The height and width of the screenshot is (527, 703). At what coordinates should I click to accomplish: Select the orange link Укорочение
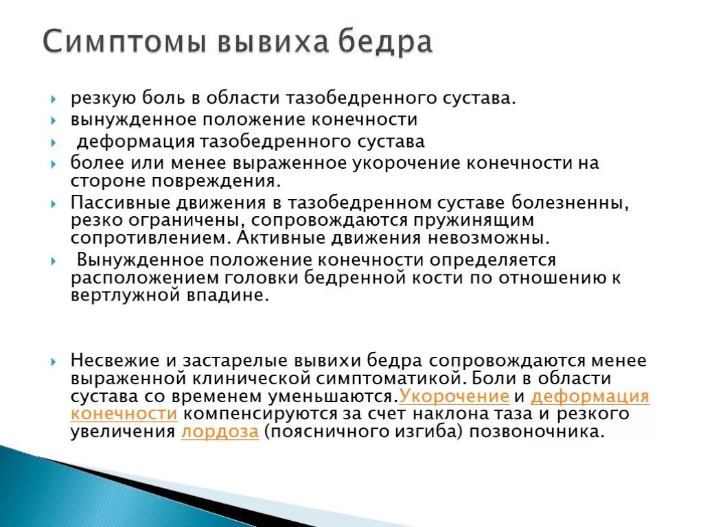point(454,396)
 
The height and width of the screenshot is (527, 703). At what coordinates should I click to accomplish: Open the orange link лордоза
point(220,432)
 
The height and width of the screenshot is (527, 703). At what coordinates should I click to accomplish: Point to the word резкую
point(98,97)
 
